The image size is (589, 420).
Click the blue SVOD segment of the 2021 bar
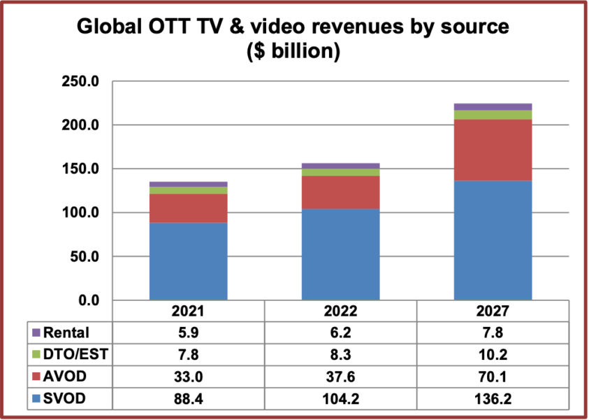(x=189, y=261)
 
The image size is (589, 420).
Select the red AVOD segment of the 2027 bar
(x=493, y=150)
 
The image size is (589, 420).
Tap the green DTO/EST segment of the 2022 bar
(x=340, y=172)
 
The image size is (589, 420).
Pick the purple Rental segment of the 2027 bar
(x=493, y=106)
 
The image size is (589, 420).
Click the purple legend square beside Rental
(x=36, y=332)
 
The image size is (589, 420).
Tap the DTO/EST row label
(x=76, y=354)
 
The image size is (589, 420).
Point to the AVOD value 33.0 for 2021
(x=189, y=376)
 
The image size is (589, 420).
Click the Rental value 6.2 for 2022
(x=340, y=332)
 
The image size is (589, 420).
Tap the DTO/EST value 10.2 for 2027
(x=493, y=354)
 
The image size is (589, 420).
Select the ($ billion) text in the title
(x=294, y=52)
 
